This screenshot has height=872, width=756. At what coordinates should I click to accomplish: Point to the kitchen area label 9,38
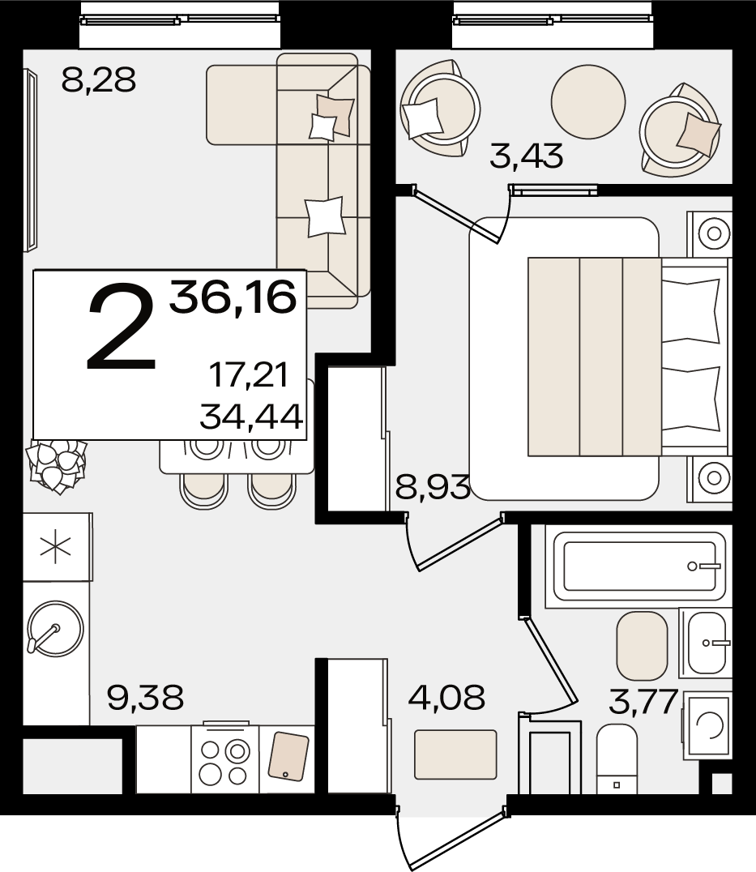(x=145, y=698)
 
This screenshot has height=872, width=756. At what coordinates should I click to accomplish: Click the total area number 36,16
(x=233, y=297)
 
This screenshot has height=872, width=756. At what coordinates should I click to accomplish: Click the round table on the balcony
(x=588, y=102)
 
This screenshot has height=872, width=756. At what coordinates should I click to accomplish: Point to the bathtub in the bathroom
(x=636, y=566)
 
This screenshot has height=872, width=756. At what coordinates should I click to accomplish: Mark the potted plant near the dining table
(x=56, y=465)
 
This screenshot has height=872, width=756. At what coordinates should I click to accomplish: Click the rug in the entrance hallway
(x=455, y=754)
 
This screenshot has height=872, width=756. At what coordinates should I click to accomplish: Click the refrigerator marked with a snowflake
(x=56, y=547)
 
